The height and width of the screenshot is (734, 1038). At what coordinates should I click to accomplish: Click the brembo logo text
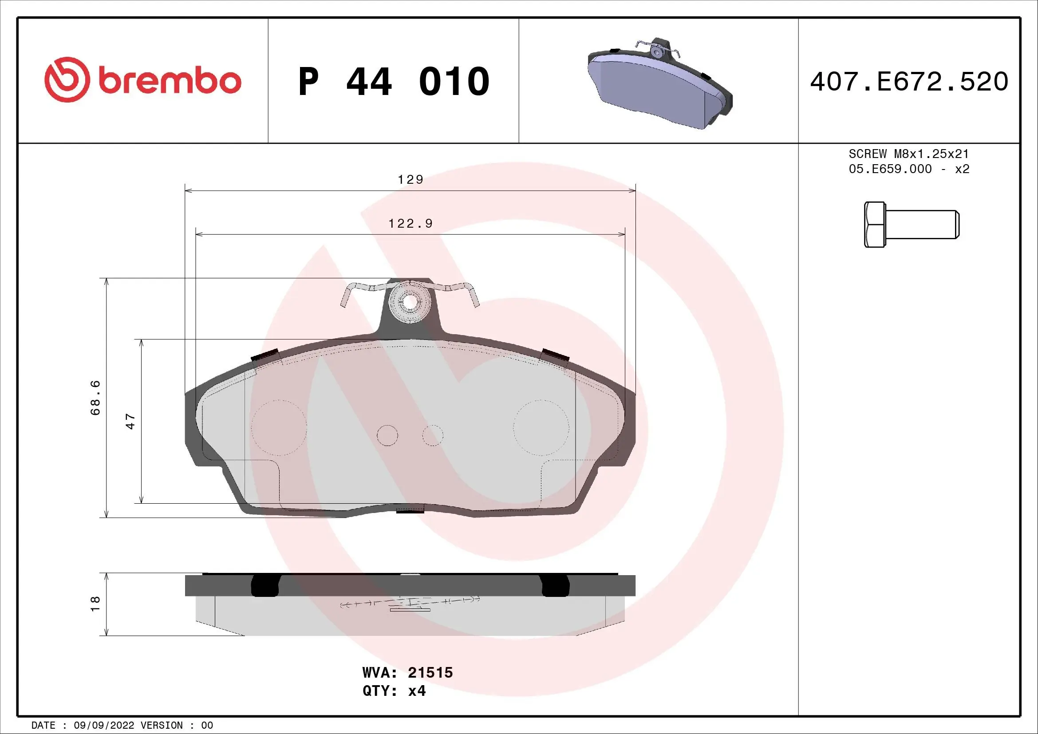point(169,81)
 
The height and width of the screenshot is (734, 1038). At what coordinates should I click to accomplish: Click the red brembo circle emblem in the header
point(65,79)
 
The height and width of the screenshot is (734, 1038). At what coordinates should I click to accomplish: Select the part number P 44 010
point(394,82)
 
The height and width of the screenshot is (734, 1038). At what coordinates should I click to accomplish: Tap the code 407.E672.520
point(909,82)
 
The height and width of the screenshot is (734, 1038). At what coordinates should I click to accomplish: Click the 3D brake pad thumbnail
point(659,83)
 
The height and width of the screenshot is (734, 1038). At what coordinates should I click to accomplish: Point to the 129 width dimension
point(410,180)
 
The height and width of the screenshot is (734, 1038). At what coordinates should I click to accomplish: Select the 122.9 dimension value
point(410,223)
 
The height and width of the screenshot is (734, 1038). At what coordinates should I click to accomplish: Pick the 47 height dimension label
point(130,421)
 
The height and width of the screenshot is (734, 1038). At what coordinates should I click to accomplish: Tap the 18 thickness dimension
point(95,604)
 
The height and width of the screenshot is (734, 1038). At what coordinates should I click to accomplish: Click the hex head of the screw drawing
point(874,225)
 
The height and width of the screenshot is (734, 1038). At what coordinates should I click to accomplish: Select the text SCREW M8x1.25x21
point(909,154)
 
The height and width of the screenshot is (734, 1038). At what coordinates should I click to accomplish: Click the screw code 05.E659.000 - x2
point(909,169)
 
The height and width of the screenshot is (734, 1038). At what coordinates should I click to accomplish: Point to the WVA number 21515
point(430,672)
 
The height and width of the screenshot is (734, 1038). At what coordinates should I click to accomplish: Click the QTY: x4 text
point(394,691)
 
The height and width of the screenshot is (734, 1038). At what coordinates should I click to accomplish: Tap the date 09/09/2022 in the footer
point(103,726)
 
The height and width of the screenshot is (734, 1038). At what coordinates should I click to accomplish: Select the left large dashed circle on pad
point(279,427)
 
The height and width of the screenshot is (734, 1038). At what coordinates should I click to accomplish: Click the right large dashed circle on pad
point(541,427)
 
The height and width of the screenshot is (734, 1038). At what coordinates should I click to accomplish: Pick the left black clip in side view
point(264,585)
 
